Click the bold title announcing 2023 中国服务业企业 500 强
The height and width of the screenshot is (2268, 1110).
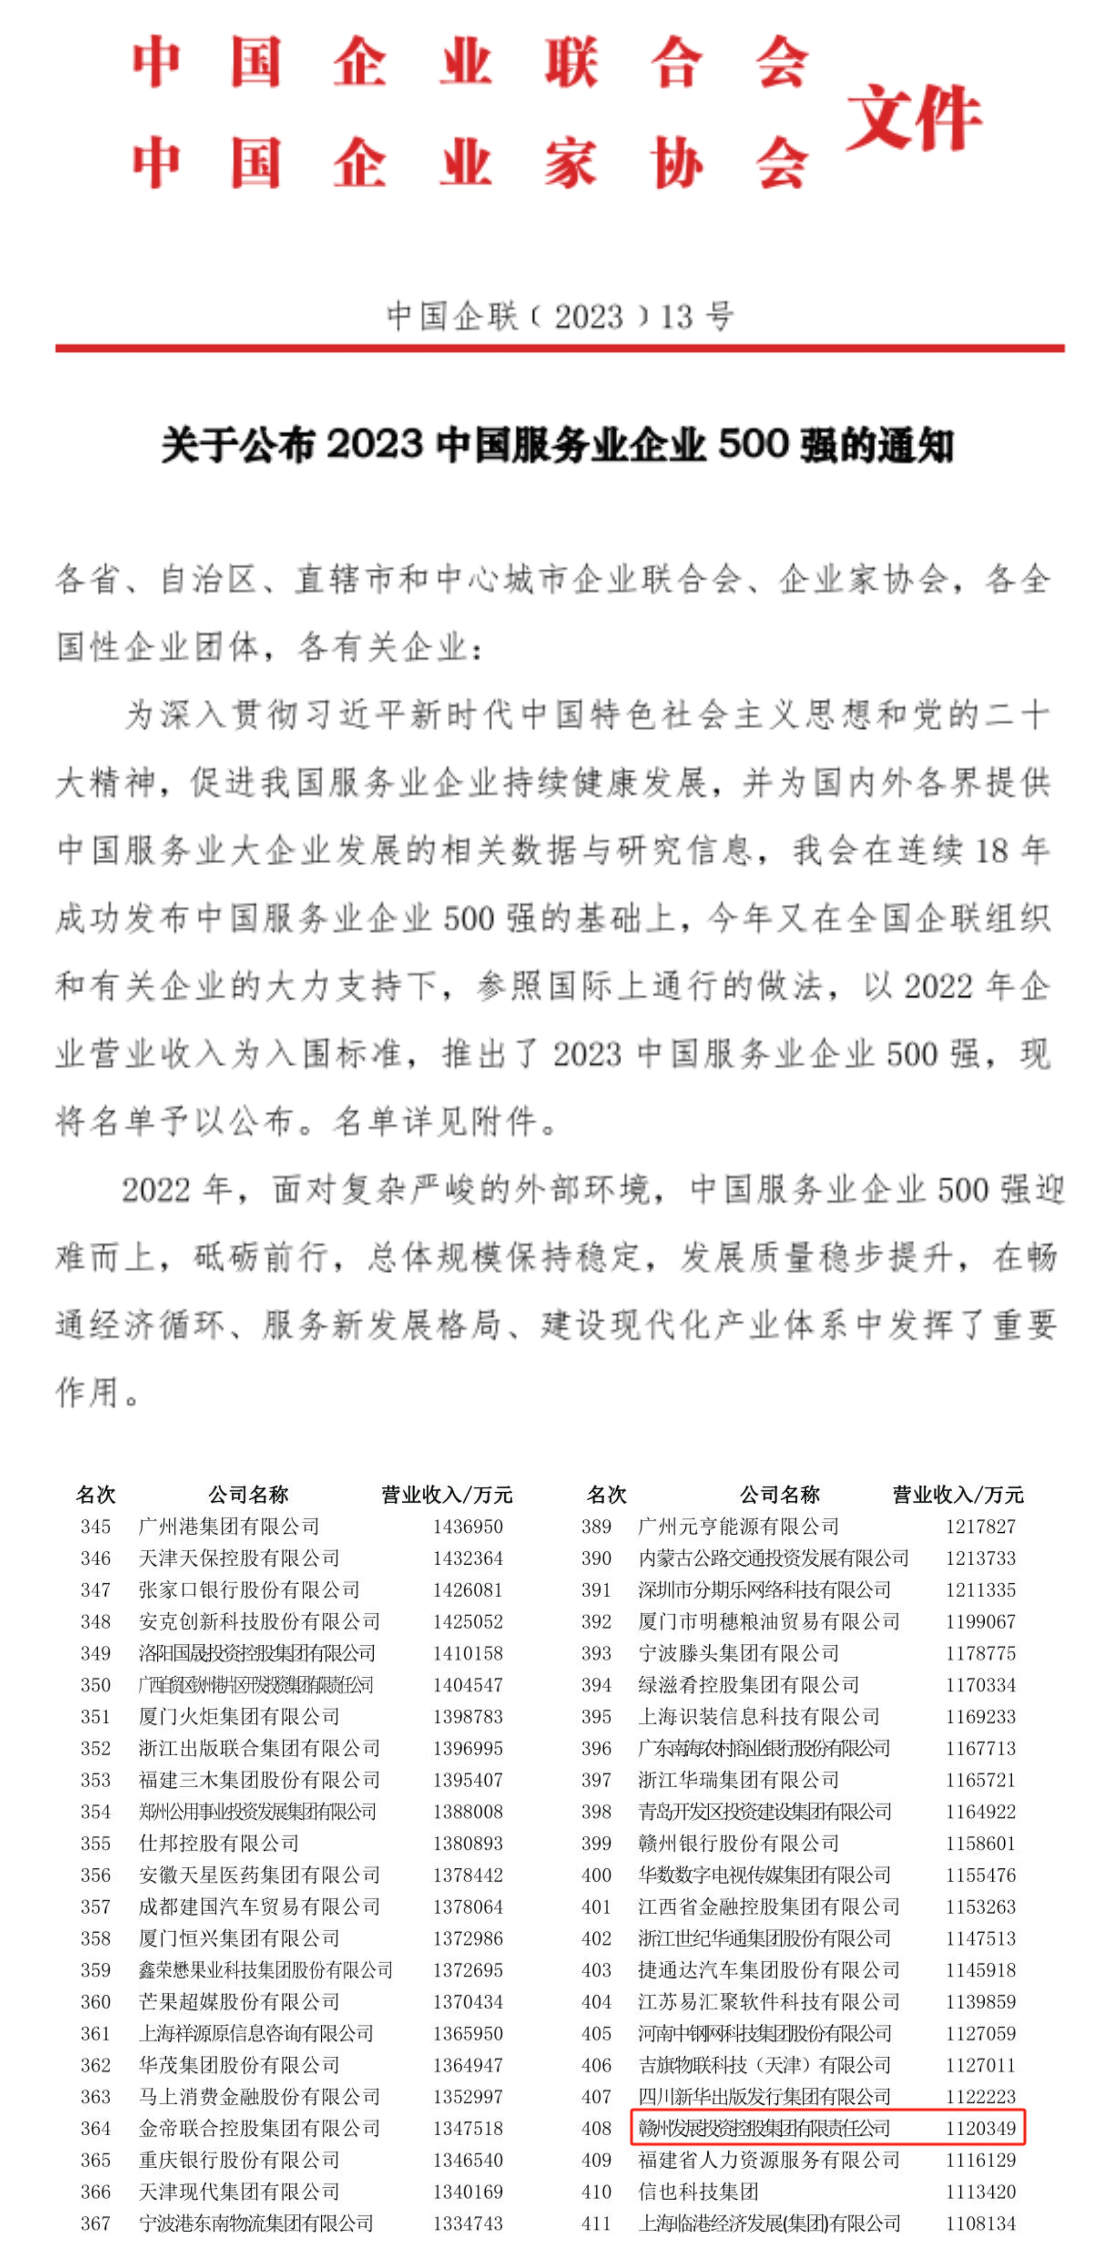pyautogui.click(x=557, y=445)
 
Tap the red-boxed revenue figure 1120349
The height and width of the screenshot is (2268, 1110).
pyautogui.click(x=979, y=2128)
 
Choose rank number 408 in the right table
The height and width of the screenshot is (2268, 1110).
pyautogui.click(x=596, y=2128)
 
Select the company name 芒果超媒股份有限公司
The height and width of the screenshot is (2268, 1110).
pyautogui.click(x=238, y=2001)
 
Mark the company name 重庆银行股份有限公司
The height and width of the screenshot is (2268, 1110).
pyautogui.click(x=238, y=2160)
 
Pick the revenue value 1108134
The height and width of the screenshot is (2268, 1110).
pyautogui.click(x=979, y=2223)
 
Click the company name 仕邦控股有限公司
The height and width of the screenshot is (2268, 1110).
pyautogui.click(x=218, y=1843)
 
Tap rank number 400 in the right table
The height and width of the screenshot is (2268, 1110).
pyautogui.click(x=596, y=1875)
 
